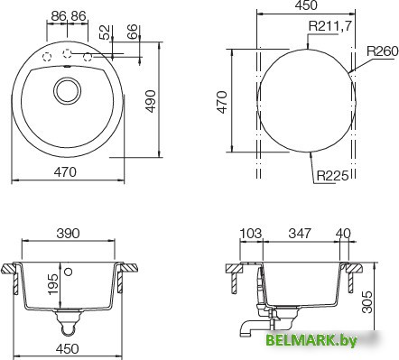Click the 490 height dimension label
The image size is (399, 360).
coord(151,101)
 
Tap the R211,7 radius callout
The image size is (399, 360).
coord(329,26)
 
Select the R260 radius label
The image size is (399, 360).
coord(383,51)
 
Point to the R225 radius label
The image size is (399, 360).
coord(332,175)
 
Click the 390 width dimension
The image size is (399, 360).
coord(69,234)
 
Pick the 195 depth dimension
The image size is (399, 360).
coord(53,284)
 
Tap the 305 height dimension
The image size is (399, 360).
coord(367,302)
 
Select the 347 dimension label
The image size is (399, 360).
coord(300,234)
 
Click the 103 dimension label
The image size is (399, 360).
coord(251,234)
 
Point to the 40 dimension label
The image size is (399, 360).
coord(343,234)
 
